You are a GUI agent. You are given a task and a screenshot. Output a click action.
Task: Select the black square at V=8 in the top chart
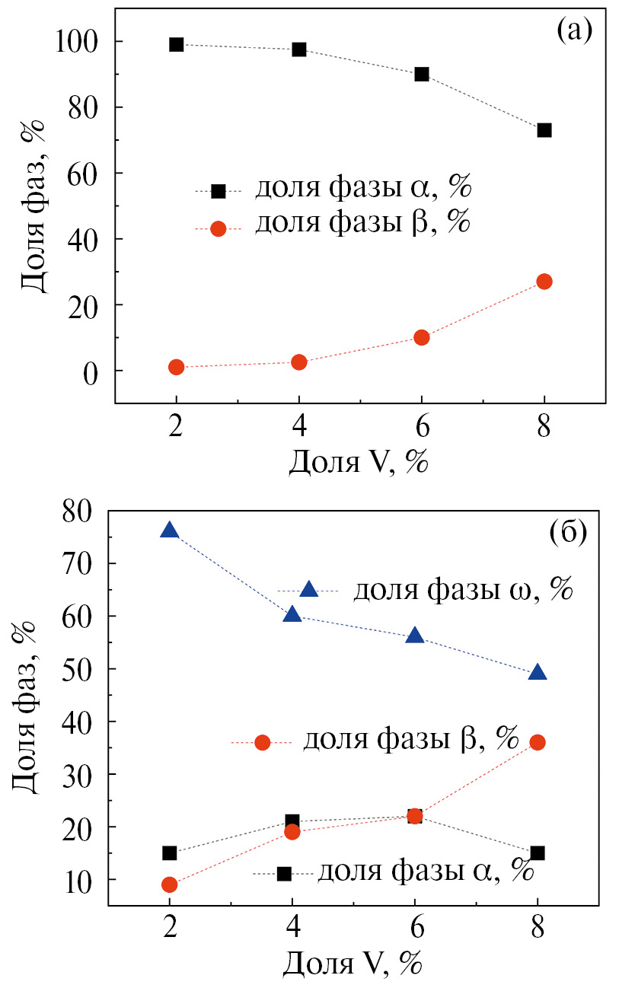pyautogui.click(x=544, y=130)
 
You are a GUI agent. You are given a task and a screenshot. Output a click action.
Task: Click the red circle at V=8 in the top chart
pyautogui.click(x=544, y=282)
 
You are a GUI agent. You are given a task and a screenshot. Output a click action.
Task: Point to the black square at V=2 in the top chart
pyautogui.click(x=177, y=45)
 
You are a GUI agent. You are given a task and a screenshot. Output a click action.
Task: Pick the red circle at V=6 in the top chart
pyautogui.click(x=422, y=337)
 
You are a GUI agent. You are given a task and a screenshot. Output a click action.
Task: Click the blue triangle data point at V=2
pyautogui.click(x=170, y=531)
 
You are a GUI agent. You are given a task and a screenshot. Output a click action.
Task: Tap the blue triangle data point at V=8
pyautogui.click(x=538, y=673)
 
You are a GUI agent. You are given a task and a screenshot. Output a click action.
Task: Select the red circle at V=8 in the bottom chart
pyautogui.click(x=538, y=742)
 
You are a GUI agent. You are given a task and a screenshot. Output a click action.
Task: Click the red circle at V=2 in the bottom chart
pyautogui.click(x=170, y=884)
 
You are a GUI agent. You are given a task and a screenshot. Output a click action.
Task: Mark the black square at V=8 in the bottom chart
pyautogui.click(x=538, y=853)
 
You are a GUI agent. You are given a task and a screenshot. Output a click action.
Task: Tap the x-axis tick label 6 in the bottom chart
pyautogui.click(x=415, y=932)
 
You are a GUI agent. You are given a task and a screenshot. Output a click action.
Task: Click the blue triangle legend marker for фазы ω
pyautogui.click(x=308, y=589)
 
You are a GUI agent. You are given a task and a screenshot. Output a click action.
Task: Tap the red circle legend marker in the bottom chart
pyautogui.click(x=263, y=743)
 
